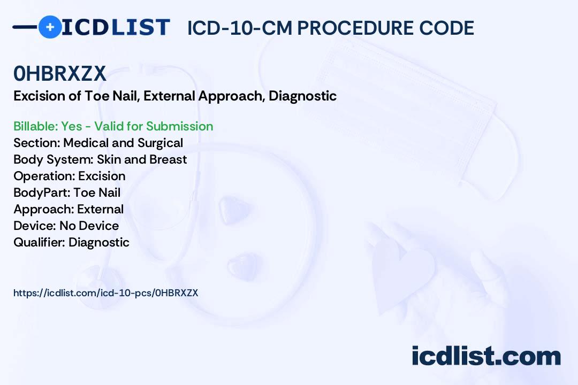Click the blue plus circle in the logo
(x=50, y=27)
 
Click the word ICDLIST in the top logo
(x=116, y=27)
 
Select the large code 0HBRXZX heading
(x=60, y=73)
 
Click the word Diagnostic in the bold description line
(x=302, y=96)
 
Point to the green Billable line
(x=113, y=126)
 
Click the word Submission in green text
(x=179, y=126)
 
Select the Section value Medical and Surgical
(x=123, y=143)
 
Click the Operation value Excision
(x=102, y=176)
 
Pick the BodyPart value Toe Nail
(x=97, y=192)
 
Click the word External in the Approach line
(x=100, y=209)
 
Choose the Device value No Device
(x=89, y=226)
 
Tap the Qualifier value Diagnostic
(x=99, y=242)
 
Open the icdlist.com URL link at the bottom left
(x=106, y=293)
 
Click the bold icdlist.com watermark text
(x=486, y=356)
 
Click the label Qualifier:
(x=40, y=242)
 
